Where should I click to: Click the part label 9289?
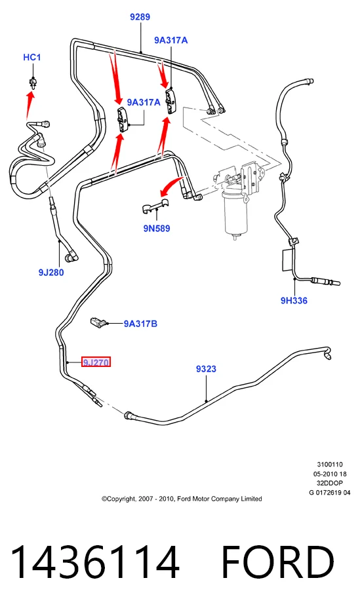[140, 17]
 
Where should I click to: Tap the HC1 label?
[32, 57]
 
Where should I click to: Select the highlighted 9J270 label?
[96, 362]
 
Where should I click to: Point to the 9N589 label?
[157, 228]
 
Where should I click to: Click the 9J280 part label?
[51, 273]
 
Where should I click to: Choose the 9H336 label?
[294, 300]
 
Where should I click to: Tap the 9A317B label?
[140, 324]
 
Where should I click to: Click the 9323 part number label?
[206, 369]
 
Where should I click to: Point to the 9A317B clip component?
[98, 322]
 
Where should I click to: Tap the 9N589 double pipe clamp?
[155, 207]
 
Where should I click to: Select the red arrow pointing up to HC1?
[29, 105]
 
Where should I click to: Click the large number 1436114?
[95, 562]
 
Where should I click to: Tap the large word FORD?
[278, 562]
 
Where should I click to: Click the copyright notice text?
[182, 499]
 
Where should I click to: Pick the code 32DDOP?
[330, 483]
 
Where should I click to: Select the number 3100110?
[330, 465]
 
